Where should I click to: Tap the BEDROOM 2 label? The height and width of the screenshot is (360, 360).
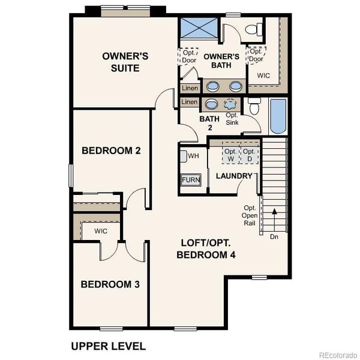click(111, 151)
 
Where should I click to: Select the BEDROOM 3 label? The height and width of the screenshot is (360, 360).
click(110, 284)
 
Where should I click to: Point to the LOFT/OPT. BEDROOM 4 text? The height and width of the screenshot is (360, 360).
click(206, 249)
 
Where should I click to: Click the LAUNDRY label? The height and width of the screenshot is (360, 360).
click(234, 176)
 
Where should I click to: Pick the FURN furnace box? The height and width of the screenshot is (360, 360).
click(191, 180)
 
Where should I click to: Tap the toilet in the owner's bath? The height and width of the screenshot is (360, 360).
click(255, 29)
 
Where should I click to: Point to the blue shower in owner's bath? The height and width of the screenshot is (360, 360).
click(198, 29)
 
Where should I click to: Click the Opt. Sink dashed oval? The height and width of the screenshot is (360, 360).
click(231, 104)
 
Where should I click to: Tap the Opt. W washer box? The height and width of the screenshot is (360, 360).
click(231, 155)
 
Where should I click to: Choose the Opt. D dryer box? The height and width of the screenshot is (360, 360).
click(248, 155)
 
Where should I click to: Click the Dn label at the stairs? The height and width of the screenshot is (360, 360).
click(274, 236)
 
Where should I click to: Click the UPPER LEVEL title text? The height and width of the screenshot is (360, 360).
click(108, 346)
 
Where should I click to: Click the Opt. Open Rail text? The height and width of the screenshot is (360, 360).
click(250, 215)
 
